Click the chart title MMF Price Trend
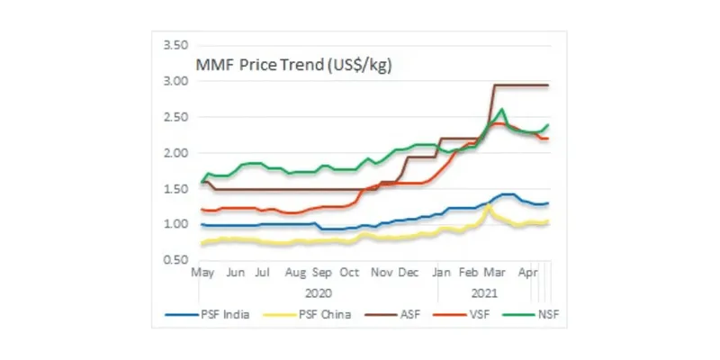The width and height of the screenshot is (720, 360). pos(294,66)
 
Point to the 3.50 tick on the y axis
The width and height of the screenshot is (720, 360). pos(174,46)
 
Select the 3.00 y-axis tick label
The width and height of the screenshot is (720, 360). pos(174,82)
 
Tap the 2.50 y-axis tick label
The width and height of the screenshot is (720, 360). pos(174,118)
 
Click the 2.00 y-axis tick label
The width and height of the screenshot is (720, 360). pos(174,153)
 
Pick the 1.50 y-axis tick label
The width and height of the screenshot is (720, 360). pos(174,189)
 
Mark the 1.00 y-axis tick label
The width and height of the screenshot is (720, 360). pos(174,224)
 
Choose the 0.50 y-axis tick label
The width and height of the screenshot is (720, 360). pos(174,260)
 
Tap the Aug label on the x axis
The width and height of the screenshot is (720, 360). pos(296,272)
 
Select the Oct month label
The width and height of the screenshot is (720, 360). pos(349,272)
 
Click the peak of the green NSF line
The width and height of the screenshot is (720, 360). pos(501,110)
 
